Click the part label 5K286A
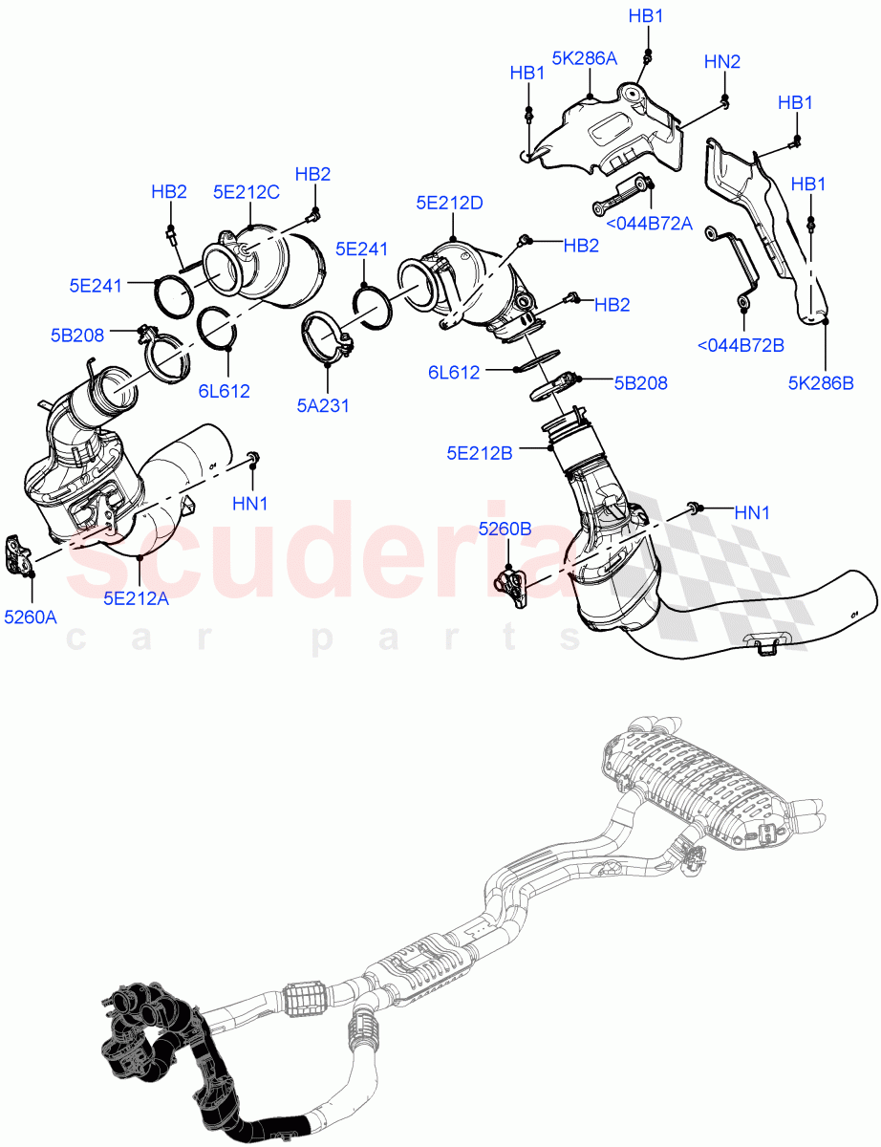coord(583,58)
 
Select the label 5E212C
coord(246,192)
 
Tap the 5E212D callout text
coord(449,203)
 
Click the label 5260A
coord(30,617)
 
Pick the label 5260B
coord(505,529)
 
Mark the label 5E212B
coord(479,453)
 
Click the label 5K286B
coord(820,384)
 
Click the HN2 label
coord(722,62)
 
